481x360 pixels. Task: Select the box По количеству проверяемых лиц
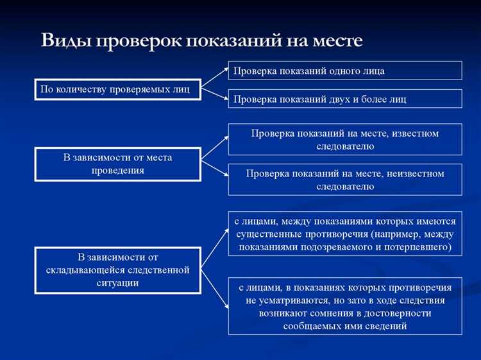pyautogui.click(x=116, y=89)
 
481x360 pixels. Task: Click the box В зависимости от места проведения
pyautogui.click(x=117, y=164)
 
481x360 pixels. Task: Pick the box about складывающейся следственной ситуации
pyautogui.click(x=117, y=270)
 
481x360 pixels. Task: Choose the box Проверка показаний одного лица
pyautogui.click(x=344, y=71)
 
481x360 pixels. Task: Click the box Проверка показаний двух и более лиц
pyautogui.click(x=344, y=99)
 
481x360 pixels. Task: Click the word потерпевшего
pyautogui.click(x=415, y=246)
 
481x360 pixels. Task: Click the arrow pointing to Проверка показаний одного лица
pyautogui.click(x=215, y=74)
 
